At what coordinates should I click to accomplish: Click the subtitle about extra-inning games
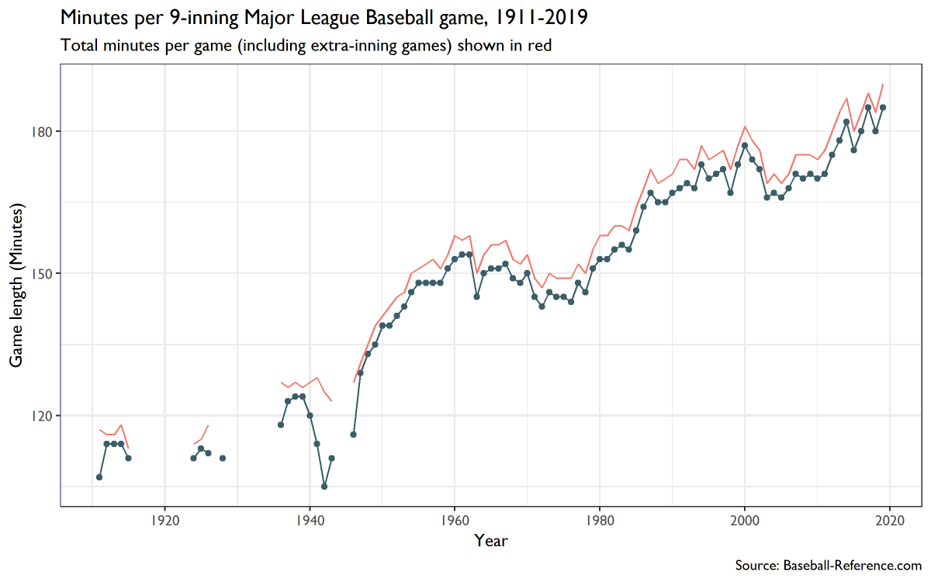click(306, 46)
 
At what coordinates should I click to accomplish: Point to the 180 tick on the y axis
click(42, 131)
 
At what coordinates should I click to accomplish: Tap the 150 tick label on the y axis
click(42, 273)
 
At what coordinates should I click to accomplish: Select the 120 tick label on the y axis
click(42, 415)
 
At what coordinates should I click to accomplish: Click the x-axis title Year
click(491, 541)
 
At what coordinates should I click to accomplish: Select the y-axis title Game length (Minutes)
click(16, 286)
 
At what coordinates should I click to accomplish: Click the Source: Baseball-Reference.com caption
click(828, 565)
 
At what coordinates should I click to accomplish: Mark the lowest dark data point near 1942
click(324, 487)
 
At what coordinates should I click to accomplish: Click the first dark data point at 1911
click(99, 477)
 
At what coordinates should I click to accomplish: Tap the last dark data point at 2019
click(883, 107)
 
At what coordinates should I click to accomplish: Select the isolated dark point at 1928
click(223, 458)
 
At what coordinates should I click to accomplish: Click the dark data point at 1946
click(353, 435)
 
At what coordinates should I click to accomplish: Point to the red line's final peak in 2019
click(883, 84)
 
